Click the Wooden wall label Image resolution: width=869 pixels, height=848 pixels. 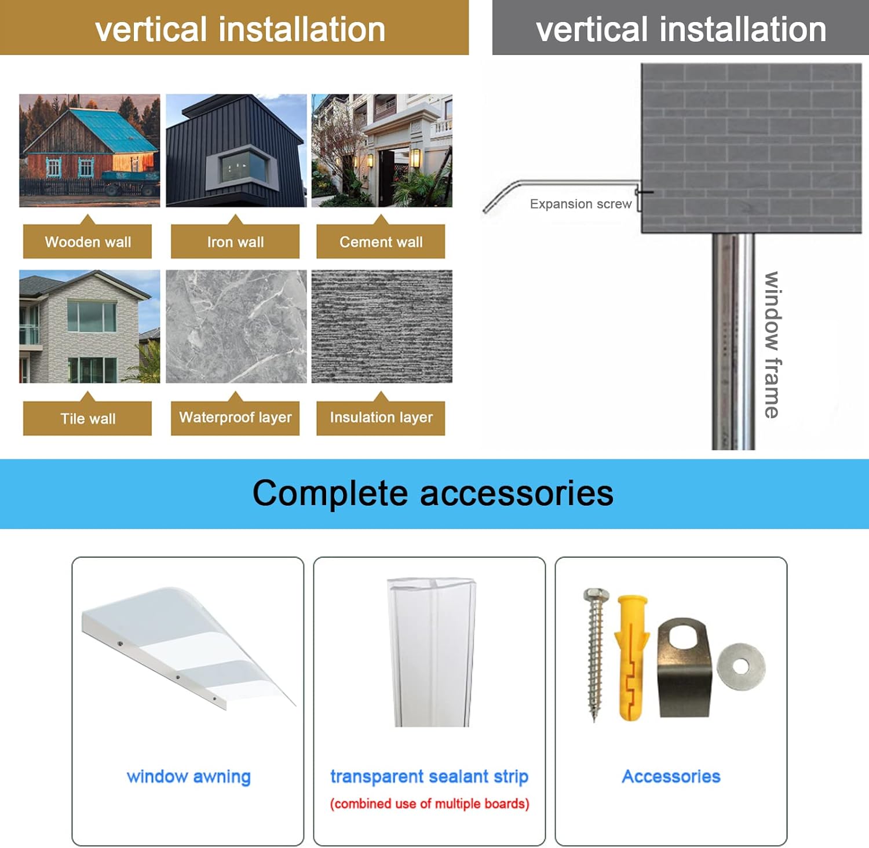pyautogui.click(x=87, y=242)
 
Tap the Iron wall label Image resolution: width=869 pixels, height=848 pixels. pyautogui.click(x=235, y=242)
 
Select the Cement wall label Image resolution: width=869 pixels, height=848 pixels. pyautogui.click(x=381, y=242)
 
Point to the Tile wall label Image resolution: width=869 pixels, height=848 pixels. pyautogui.click(x=87, y=418)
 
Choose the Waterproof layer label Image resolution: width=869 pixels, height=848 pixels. pyautogui.click(x=235, y=417)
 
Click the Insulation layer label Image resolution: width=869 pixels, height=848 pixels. pyautogui.click(x=381, y=417)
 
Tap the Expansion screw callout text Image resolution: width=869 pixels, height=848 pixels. pyautogui.click(x=580, y=204)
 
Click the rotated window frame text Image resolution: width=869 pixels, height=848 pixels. pyautogui.click(x=772, y=345)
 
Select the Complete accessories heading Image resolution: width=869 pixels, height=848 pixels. pyautogui.click(x=433, y=494)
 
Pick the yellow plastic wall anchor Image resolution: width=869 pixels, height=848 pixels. pyautogui.click(x=630, y=657)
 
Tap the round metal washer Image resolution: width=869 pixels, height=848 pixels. pyautogui.click(x=741, y=667)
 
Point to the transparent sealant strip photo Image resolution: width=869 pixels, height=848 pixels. pyautogui.click(x=432, y=652)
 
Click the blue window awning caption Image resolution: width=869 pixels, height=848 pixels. pyautogui.click(x=188, y=776)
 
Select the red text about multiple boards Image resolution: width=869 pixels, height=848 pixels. pyautogui.click(x=429, y=803)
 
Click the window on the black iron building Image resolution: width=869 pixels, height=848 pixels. pyautogui.click(x=243, y=168)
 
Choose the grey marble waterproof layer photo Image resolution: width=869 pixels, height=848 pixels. pyautogui.click(x=236, y=326)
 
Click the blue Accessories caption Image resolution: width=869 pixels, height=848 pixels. pyautogui.click(x=671, y=776)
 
